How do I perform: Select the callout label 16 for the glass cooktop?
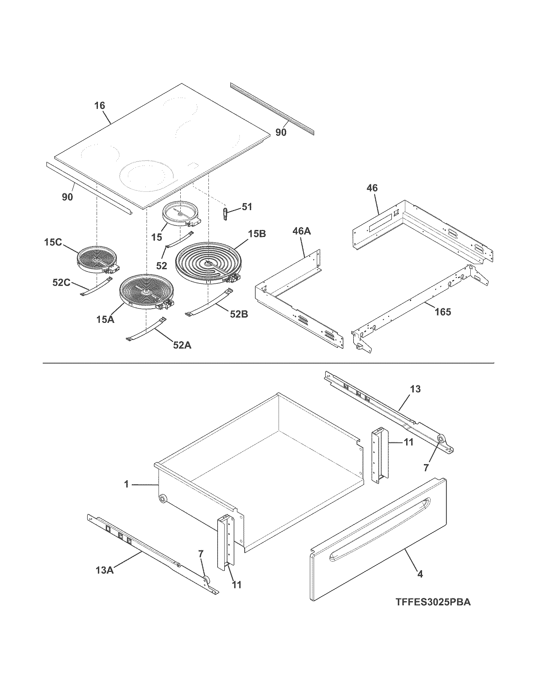[x=100, y=106]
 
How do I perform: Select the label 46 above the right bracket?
[x=372, y=188]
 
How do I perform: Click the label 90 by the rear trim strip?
[x=281, y=132]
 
